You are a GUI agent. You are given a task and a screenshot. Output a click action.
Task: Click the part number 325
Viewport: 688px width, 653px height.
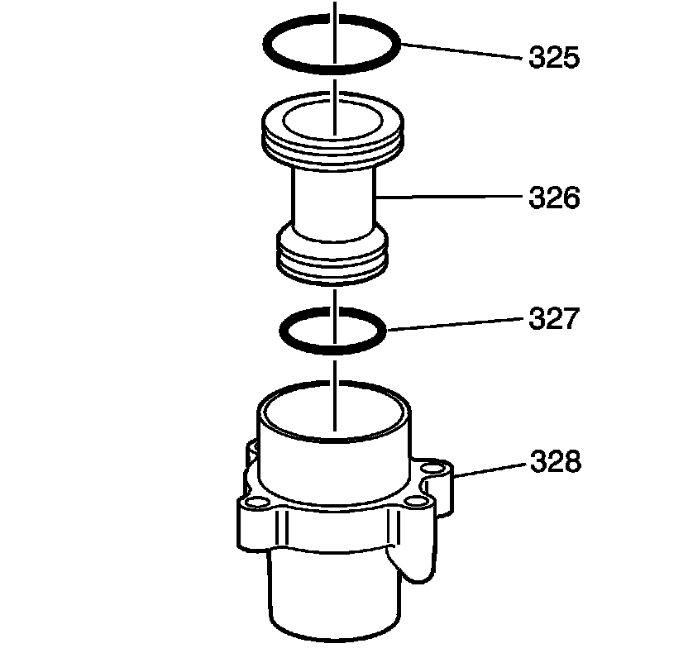point(554,57)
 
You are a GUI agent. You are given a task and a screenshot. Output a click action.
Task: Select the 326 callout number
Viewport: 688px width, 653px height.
point(554,198)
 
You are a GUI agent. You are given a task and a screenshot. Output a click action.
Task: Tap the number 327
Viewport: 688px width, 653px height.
point(554,318)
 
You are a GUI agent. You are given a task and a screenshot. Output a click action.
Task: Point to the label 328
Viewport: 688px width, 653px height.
point(556,461)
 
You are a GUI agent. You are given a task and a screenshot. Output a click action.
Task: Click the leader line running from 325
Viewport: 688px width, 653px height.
point(461,50)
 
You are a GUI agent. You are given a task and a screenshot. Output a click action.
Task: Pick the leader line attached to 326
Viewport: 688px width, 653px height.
point(449,198)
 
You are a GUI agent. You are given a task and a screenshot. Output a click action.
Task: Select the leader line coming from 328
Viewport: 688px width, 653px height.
point(489,469)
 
